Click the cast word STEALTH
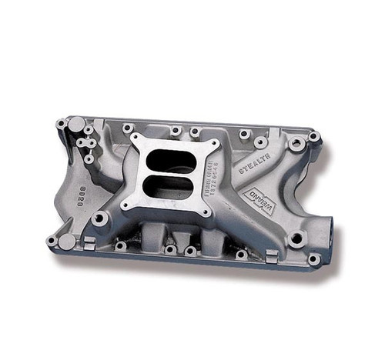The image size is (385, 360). tap(253, 168)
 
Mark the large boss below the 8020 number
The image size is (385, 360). tap(99, 219)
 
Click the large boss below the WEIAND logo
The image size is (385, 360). tap(296, 238)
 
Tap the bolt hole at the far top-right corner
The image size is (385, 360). tap(313, 137)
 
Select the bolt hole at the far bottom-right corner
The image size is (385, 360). tap(313, 259)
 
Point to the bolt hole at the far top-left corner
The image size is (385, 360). tap(60, 124)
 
